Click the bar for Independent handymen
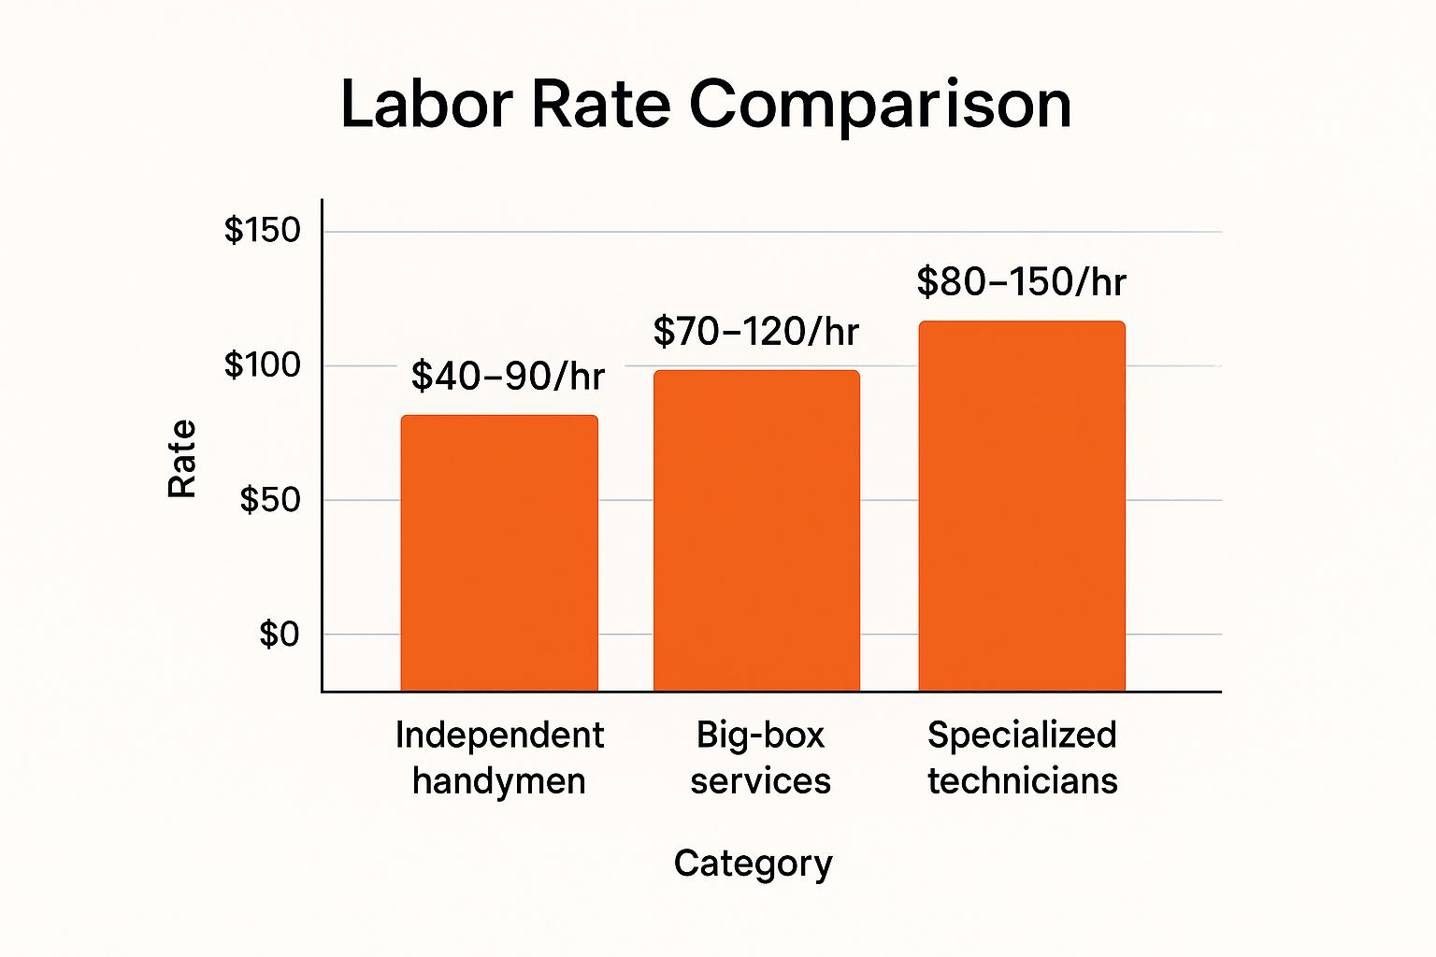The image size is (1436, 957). click(499, 553)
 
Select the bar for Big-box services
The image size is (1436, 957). click(756, 531)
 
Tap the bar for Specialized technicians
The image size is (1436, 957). click(1022, 507)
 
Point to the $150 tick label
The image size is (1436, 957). click(262, 230)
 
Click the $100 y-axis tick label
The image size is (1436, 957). click(262, 365)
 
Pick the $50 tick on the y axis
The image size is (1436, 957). click(270, 500)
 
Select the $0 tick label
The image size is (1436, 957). click(280, 634)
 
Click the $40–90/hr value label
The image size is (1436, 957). click(508, 376)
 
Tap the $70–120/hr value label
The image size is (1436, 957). click(755, 332)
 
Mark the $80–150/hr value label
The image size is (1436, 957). click(1021, 281)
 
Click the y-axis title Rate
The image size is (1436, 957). click(181, 458)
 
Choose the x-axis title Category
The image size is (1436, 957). click(754, 864)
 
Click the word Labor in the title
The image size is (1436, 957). click(427, 105)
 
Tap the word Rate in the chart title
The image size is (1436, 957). click(601, 105)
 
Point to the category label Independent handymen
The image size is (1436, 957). click(499, 758)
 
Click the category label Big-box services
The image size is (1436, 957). click(760, 758)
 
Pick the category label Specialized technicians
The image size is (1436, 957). click(1023, 758)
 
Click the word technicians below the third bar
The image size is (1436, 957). click(1023, 781)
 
